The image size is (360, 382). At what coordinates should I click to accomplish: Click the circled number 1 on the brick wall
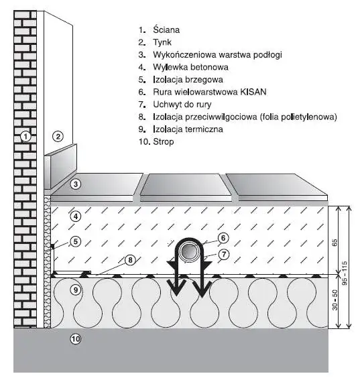[25, 137]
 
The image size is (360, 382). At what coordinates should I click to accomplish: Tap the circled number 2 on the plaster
[58, 137]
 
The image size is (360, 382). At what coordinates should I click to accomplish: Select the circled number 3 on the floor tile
[76, 184]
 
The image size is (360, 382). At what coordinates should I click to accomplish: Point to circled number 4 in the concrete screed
[76, 216]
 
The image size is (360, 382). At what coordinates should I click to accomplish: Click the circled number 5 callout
[76, 241]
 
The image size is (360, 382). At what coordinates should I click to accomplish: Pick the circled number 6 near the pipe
[223, 238]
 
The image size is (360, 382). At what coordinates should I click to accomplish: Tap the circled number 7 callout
[224, 255]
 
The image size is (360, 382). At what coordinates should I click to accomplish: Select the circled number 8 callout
[130, 260]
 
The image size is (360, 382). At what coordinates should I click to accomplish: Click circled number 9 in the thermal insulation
[76, 290]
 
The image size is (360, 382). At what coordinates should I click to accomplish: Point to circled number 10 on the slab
[76, 339]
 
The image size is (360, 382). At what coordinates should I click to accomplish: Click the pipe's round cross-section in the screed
[189, 252]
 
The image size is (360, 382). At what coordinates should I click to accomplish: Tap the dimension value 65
[335, 243]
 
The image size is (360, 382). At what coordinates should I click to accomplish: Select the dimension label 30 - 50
[335, 300]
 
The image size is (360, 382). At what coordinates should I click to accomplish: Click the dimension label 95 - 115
[345, 273]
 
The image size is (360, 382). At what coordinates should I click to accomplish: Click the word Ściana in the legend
[166, 29]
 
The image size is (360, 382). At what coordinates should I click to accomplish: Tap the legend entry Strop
[164, 141]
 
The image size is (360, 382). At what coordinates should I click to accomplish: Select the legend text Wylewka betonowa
[190, 67]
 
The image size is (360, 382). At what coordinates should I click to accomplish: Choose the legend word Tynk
[162, 42]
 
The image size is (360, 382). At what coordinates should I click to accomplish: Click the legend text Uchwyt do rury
[182, 105]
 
